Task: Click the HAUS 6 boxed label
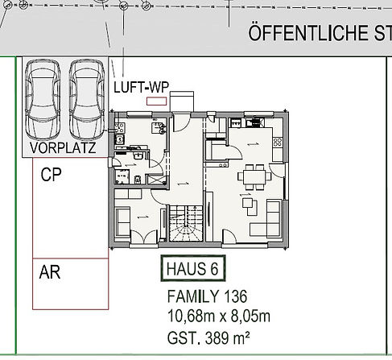tap(193, 268)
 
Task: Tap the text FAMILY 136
tap(207, 296)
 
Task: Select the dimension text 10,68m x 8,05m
tap(219, 317)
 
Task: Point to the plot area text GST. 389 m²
tap(208, 337)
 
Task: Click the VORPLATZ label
tap(63, 147)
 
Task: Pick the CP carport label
tap(51, 175)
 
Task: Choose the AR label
tap(50, 272)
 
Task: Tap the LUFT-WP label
tap(141, 87)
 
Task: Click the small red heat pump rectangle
tap(156, 101)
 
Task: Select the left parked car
tap(43, 100)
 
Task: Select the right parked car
tap(87, 100)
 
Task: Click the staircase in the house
tap(186, 223)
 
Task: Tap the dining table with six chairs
tap(254, 177)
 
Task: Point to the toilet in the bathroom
tap(138, 180)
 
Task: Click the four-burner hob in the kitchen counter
tap(278, 142)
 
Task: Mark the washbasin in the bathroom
tap(138, 155)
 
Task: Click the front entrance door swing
tap(181, 122)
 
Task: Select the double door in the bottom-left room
tap(143, 236)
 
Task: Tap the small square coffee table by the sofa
tap(247, 203)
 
